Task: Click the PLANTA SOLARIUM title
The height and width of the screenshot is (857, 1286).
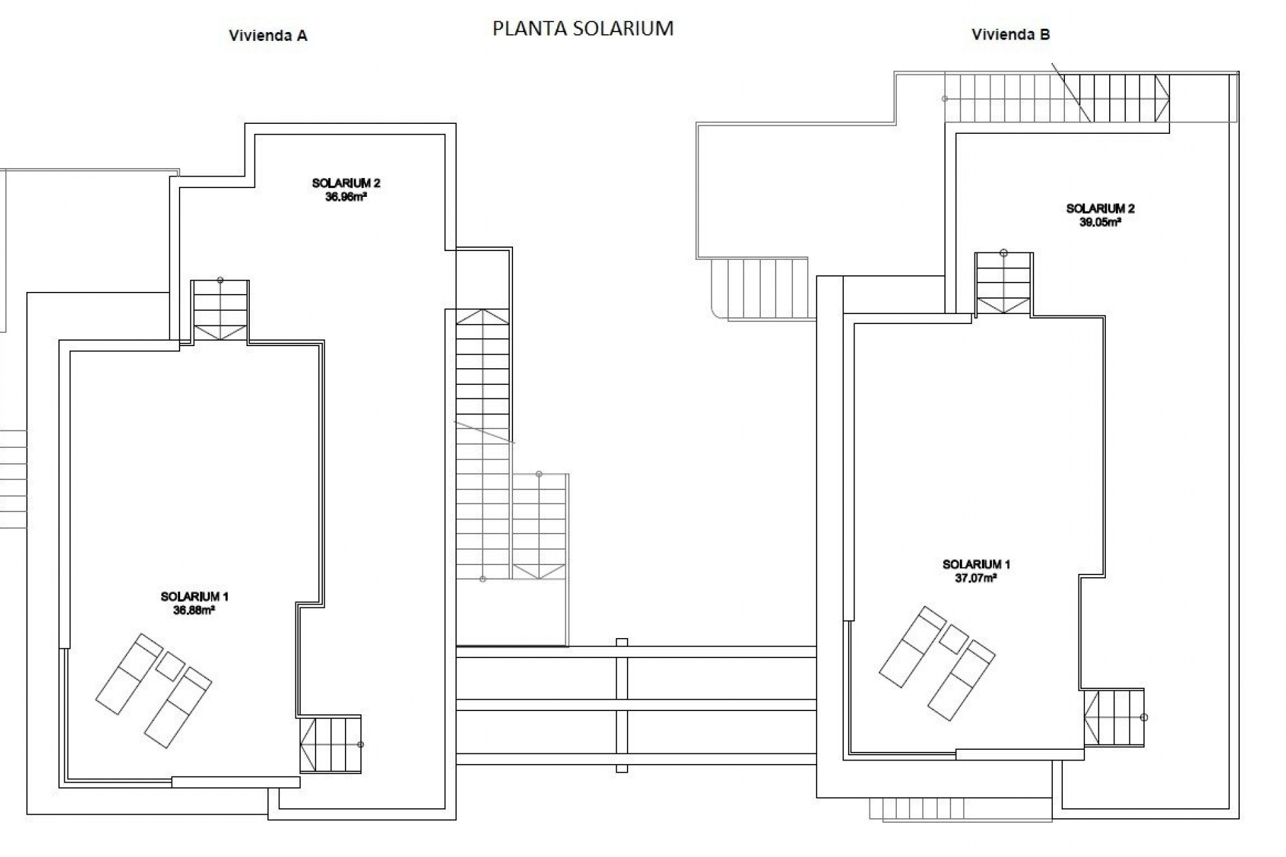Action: click(x=583, y=28)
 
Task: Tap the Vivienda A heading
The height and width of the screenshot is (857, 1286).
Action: click(x=268, y=36)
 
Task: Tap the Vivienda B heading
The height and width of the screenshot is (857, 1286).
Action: click(x=1011, y=35)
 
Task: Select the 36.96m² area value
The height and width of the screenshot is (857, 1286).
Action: click(x=346, y=198)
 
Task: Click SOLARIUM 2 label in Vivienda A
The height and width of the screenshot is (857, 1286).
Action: click(x=346, y=183)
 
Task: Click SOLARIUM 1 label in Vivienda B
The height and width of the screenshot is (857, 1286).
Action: click(x=976, y=564)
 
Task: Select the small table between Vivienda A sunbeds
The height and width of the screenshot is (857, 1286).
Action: click(x=170, y=666)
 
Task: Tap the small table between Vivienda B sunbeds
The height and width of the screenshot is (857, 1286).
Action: click(x=954, y=639)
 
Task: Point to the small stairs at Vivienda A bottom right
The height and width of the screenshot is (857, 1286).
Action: click(x=330, y=745)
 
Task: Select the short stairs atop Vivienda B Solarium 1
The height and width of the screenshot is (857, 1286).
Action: click(x=1003, y=284)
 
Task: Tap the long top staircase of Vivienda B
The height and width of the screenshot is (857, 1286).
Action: click(x=1057, y=98)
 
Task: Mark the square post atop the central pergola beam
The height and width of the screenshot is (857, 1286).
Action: click(x=622, y=642)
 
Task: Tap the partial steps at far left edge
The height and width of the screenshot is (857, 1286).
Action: click(x=12, y=479)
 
